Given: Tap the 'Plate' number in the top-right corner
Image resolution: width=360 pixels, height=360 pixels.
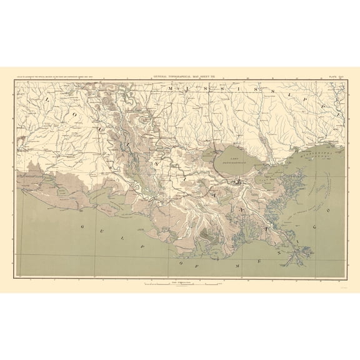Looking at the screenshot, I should click(x=336, y=76).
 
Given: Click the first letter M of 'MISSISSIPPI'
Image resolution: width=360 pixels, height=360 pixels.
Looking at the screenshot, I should click(x=170, y=90).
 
